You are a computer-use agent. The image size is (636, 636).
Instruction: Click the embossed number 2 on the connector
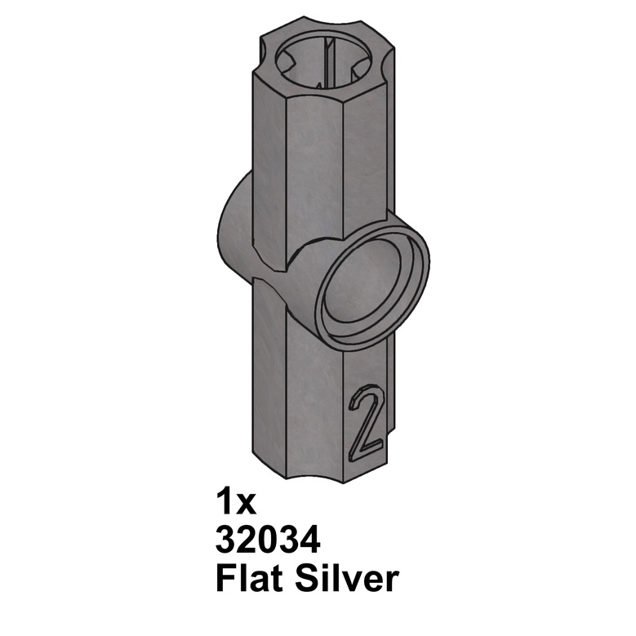pos(364,423)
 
